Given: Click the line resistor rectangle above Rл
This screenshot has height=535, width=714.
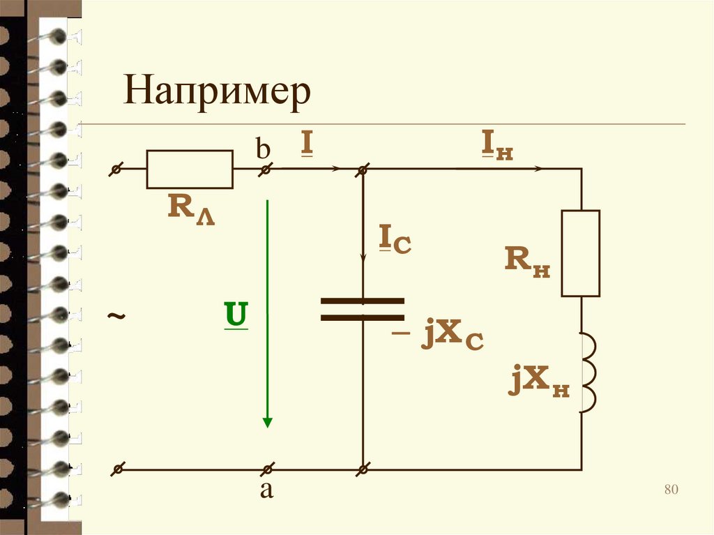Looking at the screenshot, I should [x=189, y=169].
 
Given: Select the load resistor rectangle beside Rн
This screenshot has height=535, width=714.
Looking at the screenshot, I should [x=581, y=253].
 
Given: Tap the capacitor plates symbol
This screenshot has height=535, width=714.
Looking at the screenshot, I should [x=363, y=309].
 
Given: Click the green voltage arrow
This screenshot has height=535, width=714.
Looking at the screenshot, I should [x=266, y=314].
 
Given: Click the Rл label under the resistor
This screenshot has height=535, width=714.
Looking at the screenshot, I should [x=190, y=209].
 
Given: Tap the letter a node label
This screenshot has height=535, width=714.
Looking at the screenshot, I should [x=266, y=490].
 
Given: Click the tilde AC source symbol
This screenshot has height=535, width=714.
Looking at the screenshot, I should [x=117, y=317].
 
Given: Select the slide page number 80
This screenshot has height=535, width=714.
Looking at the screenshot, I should [x=671, y=489].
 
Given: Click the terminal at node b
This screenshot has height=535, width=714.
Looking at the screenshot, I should [x=266, y=169].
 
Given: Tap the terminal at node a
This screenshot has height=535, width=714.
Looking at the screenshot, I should [x=266, y=469].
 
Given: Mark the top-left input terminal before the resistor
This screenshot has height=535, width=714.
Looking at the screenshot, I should [x=118, y=169].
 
